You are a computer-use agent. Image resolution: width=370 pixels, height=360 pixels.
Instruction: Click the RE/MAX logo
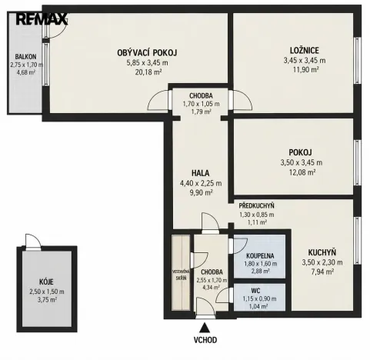tap(42, 19)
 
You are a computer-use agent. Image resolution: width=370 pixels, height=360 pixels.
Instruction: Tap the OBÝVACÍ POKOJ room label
tap(147, 53)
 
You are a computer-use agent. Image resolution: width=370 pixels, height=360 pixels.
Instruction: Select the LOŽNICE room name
tap(305, 50)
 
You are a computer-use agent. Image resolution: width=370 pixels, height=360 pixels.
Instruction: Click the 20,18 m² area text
tap(148, 72)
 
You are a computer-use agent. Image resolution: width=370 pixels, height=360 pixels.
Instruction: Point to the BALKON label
tap(25, 57)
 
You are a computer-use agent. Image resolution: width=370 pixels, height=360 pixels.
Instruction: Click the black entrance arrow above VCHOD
tap(205, 328)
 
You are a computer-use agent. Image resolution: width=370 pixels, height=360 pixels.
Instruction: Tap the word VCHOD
tap(205, 340)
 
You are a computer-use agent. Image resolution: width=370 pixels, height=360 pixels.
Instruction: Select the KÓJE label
tap(46, 282)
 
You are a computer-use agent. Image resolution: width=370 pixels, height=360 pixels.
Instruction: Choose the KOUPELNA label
tap(260, 256)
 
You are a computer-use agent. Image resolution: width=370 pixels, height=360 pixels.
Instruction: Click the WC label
tap(255, 291)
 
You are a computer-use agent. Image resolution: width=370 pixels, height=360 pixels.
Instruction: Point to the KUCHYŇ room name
tap(322, 252)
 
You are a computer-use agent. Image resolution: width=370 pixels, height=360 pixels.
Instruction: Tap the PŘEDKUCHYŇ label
tap(256, 206)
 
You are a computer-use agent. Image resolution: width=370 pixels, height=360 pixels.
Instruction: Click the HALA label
tap(201, 173)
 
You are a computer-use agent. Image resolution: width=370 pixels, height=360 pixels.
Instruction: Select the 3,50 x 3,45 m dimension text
tap(302, 162)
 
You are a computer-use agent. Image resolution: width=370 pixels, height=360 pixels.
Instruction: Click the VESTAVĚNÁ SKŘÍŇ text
tap(181, 275)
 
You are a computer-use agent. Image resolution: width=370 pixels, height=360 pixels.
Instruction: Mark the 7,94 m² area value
tap(322, 272)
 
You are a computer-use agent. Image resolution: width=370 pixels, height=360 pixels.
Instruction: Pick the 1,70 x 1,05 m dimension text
tap(201, 104)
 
